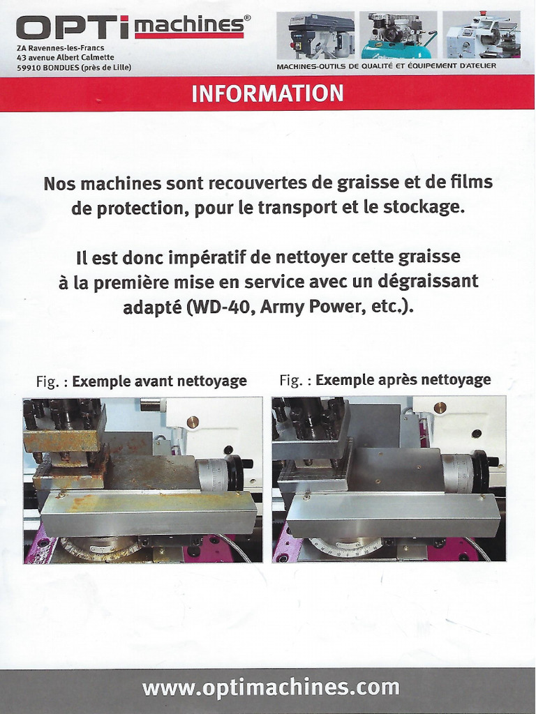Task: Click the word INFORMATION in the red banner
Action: [x=267, y=93]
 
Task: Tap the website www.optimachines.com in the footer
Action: [x=271, y=688]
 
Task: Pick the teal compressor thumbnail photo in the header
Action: [x=398, y=35]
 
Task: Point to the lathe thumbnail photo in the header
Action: [x=482, y=35]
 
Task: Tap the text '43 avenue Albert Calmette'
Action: [x=66, y=57]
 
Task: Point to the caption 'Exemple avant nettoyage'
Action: [x=159, y=381]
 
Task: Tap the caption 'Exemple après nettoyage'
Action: [x=403, y=380]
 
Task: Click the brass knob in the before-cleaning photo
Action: [x=193, y=421]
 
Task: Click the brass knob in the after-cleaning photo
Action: [x=440, y=408]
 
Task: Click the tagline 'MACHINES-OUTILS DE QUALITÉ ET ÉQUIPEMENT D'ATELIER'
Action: [x=386, y=66]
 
